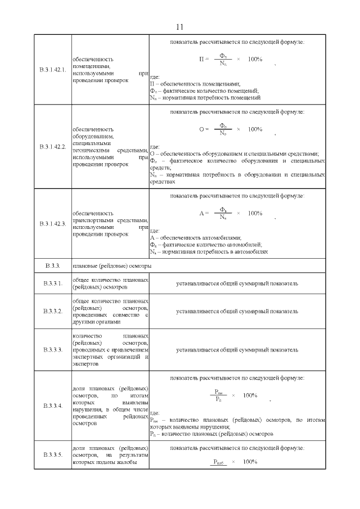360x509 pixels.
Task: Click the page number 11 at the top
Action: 180,27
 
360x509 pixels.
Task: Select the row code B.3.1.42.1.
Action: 53,70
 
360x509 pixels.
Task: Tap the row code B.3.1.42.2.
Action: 53,147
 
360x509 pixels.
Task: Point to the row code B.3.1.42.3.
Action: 53,224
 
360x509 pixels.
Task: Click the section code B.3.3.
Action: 52,265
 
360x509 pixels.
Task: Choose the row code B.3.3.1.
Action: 52,283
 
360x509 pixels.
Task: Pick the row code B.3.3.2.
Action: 52,311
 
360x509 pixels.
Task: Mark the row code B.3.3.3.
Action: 52,350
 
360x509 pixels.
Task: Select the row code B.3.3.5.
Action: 52,454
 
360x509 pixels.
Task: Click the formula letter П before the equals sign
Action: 202,59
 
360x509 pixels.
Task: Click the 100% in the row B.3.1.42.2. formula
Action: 254,129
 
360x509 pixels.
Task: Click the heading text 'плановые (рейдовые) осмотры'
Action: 112,265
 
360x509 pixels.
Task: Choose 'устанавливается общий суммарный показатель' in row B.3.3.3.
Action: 237,350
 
